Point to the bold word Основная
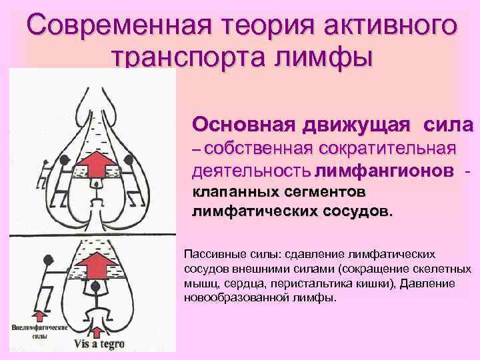[241, 124]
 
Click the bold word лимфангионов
[389, 170]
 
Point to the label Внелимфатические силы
[39, 333]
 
